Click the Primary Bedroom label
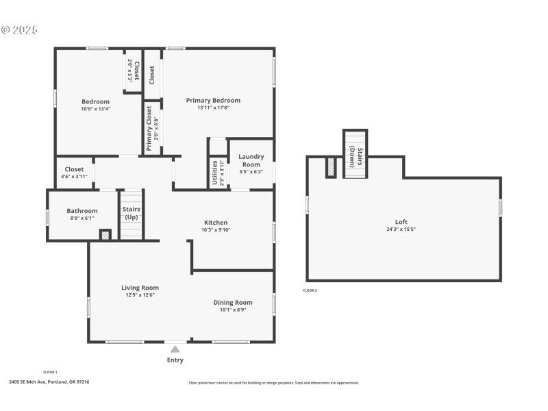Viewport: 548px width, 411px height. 213,100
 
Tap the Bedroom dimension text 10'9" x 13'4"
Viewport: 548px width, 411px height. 95,108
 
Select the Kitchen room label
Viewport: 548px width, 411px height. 216,222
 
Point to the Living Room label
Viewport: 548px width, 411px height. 140,288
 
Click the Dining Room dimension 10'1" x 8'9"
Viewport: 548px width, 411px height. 232,310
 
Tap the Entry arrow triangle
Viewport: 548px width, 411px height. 175,349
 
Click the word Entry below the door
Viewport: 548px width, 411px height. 175,360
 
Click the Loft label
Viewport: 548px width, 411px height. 401,222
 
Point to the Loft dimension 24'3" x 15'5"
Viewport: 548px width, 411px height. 401,229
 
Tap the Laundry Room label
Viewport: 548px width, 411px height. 251,160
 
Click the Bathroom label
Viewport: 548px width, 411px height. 82,211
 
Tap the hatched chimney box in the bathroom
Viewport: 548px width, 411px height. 105,235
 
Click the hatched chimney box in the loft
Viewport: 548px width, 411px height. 331,168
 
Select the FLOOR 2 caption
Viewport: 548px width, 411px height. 310,290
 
